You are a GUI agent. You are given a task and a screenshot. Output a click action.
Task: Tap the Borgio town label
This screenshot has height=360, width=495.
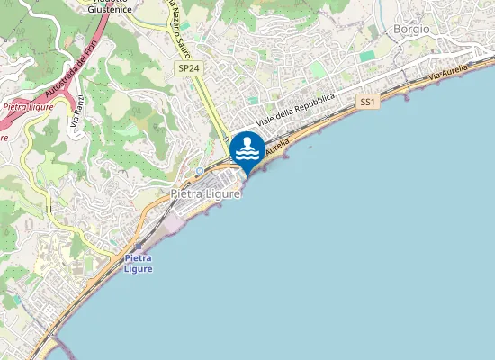(411, 29)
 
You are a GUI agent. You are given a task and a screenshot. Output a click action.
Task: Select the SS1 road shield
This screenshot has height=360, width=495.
(366, 103)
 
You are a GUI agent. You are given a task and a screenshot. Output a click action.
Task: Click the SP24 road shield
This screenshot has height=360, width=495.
(187, 67)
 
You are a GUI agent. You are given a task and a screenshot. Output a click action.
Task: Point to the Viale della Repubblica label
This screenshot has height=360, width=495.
(296, 109)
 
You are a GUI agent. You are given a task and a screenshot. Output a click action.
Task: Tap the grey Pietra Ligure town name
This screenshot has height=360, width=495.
(206, 193)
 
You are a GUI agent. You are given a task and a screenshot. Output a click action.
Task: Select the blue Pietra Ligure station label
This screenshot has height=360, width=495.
(139, 264)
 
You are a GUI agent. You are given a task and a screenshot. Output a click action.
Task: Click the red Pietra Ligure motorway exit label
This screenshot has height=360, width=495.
(28, 106)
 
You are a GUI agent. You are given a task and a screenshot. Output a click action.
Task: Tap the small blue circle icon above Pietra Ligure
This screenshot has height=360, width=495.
(199, 171)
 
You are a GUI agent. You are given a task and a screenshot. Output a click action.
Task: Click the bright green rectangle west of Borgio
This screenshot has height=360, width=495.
(366, 56)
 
